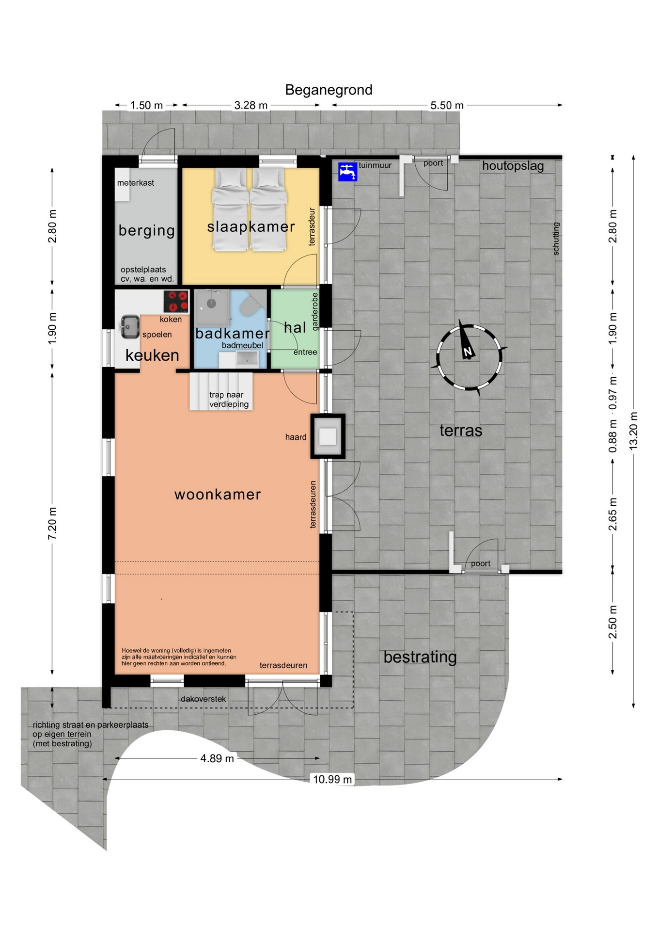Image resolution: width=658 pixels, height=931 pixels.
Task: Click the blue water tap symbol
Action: click(x=348, y=172)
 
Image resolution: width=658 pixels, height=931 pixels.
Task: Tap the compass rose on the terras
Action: click(x=469, y=357)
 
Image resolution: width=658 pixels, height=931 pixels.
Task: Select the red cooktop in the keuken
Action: click(x=176, y=301)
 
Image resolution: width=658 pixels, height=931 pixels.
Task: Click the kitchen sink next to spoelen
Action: click(x=129, y=326)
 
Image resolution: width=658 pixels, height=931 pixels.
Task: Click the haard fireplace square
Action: click(x=328, y=436)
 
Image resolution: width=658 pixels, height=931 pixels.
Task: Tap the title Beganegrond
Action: click(x=329, y=90)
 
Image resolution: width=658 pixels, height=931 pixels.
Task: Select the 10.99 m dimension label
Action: click(x=332, y=779)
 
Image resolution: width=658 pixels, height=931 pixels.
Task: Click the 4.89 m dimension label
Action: click(x=217, y=758)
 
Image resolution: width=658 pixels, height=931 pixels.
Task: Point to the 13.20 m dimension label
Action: click(x=633, y=431)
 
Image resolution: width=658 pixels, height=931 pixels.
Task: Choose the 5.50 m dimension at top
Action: click(x=447, y=105)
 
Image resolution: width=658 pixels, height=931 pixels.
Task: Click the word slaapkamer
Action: click(x=251, y=226)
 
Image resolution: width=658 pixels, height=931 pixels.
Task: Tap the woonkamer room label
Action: click(x=218, y=495)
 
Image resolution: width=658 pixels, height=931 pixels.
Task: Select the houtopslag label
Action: click(x=513, y=166)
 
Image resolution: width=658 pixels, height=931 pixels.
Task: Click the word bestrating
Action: click(x=420, y=657)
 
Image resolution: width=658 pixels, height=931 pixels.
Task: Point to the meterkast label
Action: click(x=136, y=183)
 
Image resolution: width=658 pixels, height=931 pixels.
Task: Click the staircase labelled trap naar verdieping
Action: click(x=221, y=391)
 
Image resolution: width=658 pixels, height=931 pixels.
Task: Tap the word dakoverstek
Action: click(x=204, y=699)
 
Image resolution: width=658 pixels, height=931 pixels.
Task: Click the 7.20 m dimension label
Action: click(x=52, y=524)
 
